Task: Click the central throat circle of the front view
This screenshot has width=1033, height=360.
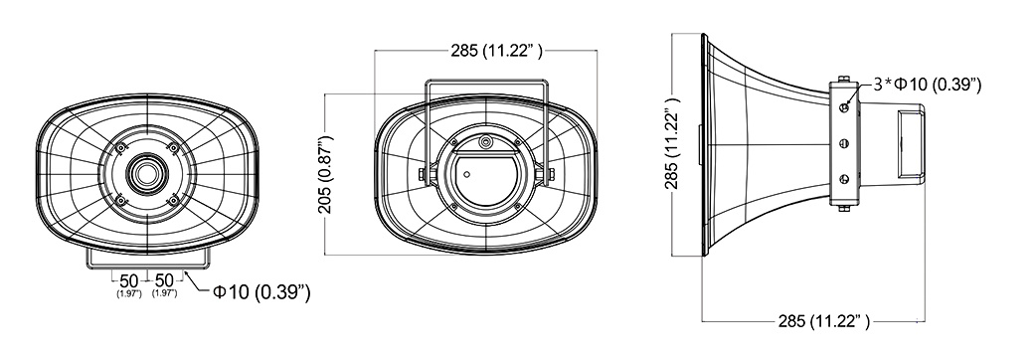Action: point(145,174)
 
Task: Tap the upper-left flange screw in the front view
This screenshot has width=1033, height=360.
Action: point(120,149)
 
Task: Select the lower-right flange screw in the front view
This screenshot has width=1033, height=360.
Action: point(172,199)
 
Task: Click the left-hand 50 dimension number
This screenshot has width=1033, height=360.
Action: point(129,280)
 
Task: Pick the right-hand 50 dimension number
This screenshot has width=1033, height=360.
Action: point(163,280)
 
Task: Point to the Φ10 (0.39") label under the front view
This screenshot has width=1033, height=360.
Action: point(260,291)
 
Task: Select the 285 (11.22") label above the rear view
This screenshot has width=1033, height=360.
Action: point(496,51)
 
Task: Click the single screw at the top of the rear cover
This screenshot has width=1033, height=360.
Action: point(486,142)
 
